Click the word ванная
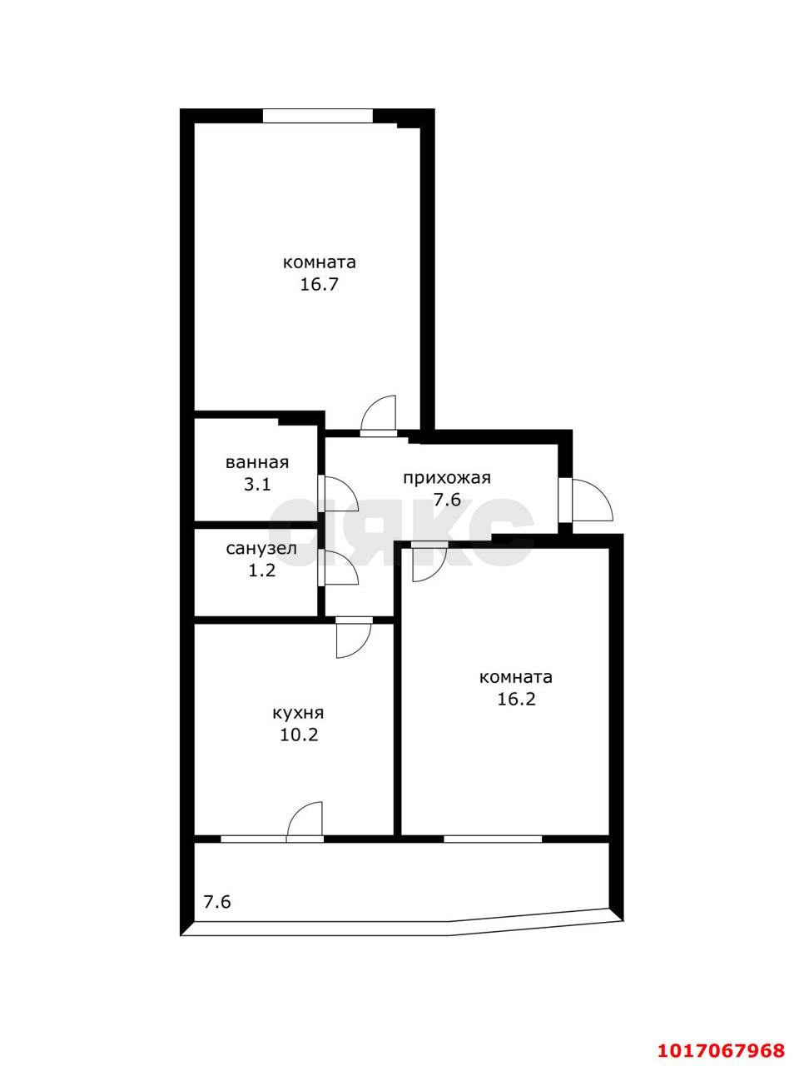tap(256, 462)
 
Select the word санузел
tap(261, 549)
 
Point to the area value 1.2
tap(262, 570)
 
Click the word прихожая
tap(447, 478)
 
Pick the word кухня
tap(298, 713)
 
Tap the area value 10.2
tap(299, 735)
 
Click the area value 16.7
tap(319, 284)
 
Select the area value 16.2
tap(516, 699)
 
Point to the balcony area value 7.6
tap(217, 902)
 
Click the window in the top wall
tap(318, 116)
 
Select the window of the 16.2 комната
tap(493, 839)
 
